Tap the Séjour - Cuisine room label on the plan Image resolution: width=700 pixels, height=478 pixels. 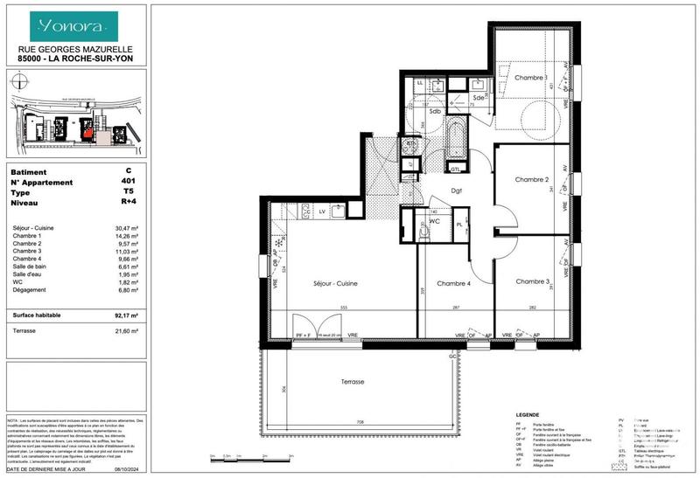pyautogui.click(x=334, y=283)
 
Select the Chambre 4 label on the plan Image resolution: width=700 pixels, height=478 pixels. pyautogui.click(x=454, y=283)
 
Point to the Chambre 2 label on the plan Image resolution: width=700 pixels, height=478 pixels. pyautogui.click(x=531, y=179)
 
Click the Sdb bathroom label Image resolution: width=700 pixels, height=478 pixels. pyautogui.click(x=435, y=111)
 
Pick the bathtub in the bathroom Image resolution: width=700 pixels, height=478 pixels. pyautogui.click(x=457, y=141)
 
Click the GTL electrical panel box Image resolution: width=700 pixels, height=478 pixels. pyautogui.click(x=455, y=168)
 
